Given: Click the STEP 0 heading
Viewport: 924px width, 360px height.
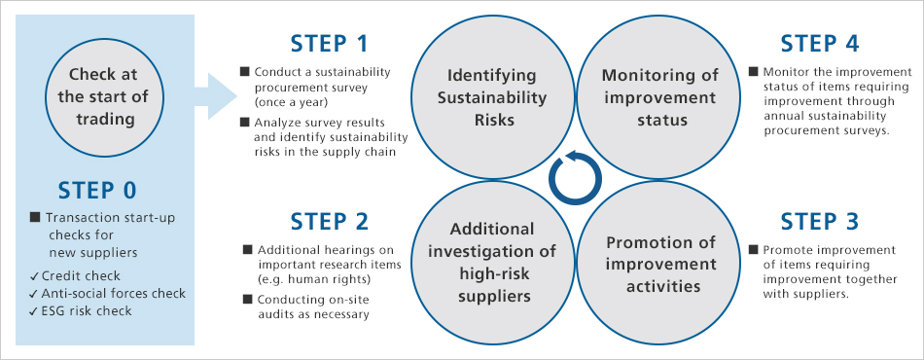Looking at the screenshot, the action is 97,191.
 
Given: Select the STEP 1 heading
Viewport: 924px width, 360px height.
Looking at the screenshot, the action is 329,44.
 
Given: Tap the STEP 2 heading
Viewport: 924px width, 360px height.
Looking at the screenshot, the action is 329,221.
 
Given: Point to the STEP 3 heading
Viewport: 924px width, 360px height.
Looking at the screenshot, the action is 820,221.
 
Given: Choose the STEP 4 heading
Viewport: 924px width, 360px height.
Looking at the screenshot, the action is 820,44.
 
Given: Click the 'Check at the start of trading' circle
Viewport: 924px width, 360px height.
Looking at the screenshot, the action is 103,97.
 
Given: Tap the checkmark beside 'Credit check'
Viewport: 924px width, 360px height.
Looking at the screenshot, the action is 34,276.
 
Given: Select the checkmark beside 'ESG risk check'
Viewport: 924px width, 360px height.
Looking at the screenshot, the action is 34,310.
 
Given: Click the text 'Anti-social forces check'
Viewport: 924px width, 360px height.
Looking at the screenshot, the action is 113,293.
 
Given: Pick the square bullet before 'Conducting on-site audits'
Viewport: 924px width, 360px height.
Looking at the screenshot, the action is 247,300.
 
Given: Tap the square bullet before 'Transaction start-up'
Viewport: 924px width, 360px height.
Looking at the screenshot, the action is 35,218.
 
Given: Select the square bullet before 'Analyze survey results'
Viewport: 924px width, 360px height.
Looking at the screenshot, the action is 244,123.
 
